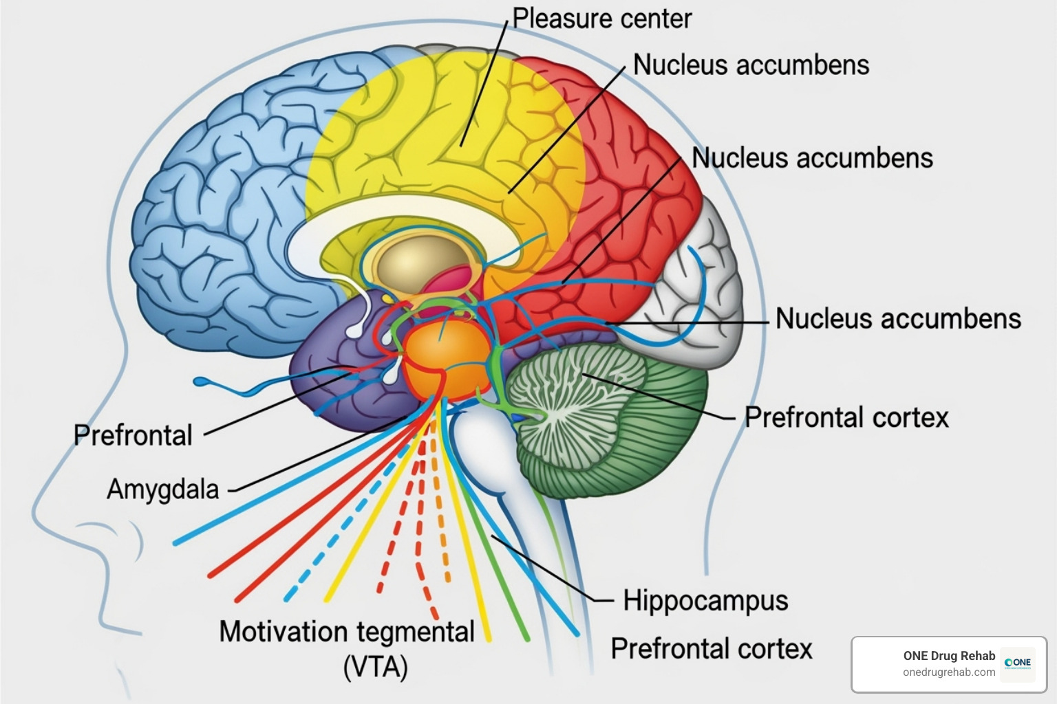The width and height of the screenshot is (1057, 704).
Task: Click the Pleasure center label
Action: [601, 19]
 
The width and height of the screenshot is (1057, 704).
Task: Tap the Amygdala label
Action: [162, 489]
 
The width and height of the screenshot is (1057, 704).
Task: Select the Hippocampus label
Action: [705, 601]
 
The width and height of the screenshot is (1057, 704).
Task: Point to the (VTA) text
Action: [375, 667]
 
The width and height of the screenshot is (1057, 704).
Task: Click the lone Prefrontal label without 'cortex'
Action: [133, 435]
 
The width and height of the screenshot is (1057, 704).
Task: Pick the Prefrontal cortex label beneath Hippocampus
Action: [712, 649]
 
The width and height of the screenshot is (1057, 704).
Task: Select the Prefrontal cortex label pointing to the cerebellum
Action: [846, 417]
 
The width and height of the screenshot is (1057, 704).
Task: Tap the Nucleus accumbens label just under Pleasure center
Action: [751, 65]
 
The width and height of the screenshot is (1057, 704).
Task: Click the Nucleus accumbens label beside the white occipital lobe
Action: [898, 319]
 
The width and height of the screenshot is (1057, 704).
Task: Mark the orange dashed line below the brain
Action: [440, 522]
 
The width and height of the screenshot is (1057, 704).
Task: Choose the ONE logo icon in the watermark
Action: [1017, 663]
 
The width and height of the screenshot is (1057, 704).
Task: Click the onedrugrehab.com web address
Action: [949, 672]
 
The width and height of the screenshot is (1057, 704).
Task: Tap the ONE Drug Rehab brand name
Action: [949, 656]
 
